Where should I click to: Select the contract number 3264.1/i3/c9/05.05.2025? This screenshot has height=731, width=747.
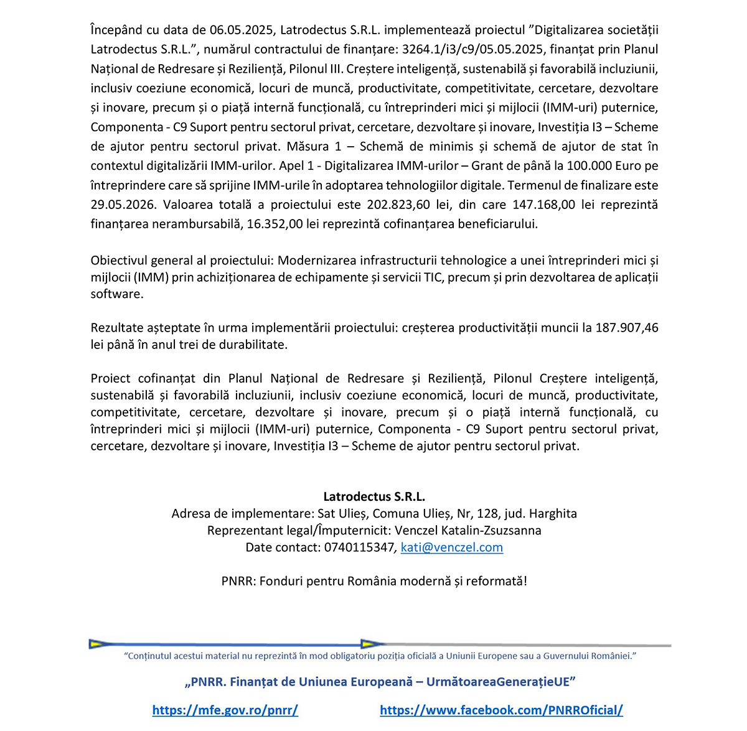coord(473,49)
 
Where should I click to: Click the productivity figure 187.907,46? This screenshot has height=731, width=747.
coord(627,328)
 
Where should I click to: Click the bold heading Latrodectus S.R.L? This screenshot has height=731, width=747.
coord(374,496)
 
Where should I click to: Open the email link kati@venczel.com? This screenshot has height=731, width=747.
coord(452,547)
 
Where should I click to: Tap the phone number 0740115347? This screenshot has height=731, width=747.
coord(359,547)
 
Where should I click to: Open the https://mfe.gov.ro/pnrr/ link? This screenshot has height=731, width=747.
coord(225,710)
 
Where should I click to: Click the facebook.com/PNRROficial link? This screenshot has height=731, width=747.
coord(501,710)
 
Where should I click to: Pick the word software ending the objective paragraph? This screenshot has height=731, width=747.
coord(116,294)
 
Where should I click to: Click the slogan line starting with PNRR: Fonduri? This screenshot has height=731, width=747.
coord(374,581)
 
